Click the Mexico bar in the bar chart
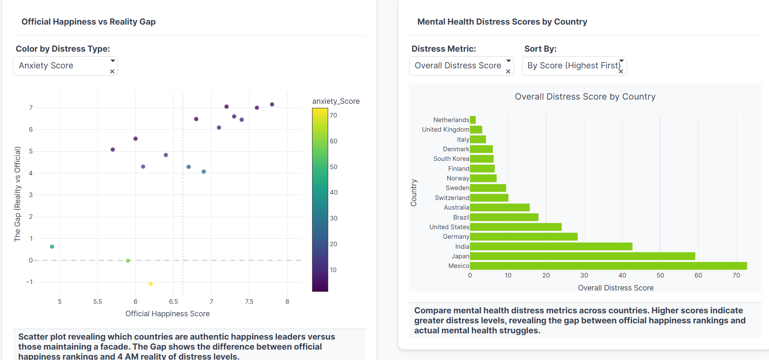click(608, 266)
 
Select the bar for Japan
click(582, 256)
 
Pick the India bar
click(551, 247)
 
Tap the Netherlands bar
click(473, 120)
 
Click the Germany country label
click(456, 237)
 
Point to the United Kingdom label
click(445, 130)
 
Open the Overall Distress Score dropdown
click(461, 66)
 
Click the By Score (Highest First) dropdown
click(574, 66)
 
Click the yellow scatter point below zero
click(151, 284)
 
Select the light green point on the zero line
click(128, 261)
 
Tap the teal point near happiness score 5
click(52, 247)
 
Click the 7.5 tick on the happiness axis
click(249, 302)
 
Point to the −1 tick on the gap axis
click(29, 282)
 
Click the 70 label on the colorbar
click(334, 115)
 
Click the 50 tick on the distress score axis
click(660, 275)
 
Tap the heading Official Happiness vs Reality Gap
click(88, 22)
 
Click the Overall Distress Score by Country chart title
click(585, 97)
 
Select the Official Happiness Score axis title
click(167, 314)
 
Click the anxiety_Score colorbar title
click(336, 101)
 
